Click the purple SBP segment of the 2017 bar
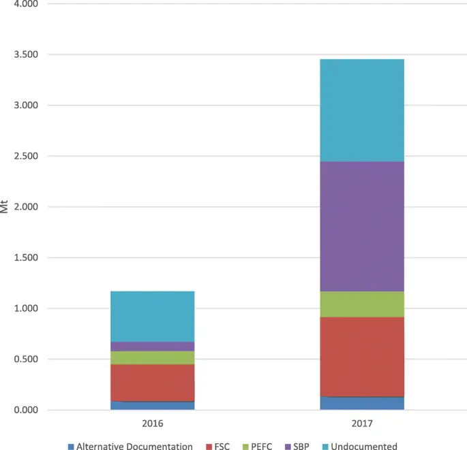[x=362, y=226]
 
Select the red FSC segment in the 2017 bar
[x=362, y=356]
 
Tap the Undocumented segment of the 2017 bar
[x=362, y=110]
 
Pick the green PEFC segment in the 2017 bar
[x=362, y=304]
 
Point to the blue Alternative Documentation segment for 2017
[x=362, y=403]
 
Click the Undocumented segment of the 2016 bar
[x=152, y=316]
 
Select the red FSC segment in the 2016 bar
[x=152, y=383]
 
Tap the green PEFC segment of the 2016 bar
[x=152, y=357]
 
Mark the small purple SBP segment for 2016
[x=152, y=347]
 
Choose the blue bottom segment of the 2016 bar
[x=152, y=405]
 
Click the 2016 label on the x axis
[x=152, y=423]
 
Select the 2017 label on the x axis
[x=362, y=423]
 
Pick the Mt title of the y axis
[x=5, y=206]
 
